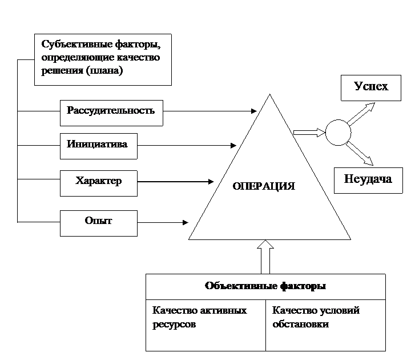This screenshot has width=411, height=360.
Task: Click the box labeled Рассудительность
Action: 111,113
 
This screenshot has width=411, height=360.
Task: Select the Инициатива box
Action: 99,146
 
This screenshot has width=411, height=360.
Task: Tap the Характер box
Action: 99,183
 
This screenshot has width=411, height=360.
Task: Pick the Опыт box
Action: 99,223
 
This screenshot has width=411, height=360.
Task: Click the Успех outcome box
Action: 371,88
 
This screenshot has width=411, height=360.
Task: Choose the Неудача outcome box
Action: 368,181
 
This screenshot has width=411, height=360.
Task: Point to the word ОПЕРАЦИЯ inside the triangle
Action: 264,186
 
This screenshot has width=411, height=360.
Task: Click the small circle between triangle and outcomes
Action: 338,133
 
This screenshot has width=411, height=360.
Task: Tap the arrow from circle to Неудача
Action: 360,154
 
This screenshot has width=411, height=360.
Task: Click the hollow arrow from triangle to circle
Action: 309,133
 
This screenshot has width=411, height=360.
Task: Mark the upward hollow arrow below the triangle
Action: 265,257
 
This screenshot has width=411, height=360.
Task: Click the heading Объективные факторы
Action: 265,286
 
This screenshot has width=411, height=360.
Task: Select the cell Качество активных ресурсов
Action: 205,325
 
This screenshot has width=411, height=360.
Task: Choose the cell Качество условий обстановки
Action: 325,325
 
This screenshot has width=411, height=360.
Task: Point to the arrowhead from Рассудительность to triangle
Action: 253,111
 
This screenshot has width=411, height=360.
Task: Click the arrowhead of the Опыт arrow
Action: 186,222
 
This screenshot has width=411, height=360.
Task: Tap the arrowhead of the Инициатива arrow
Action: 233,145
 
